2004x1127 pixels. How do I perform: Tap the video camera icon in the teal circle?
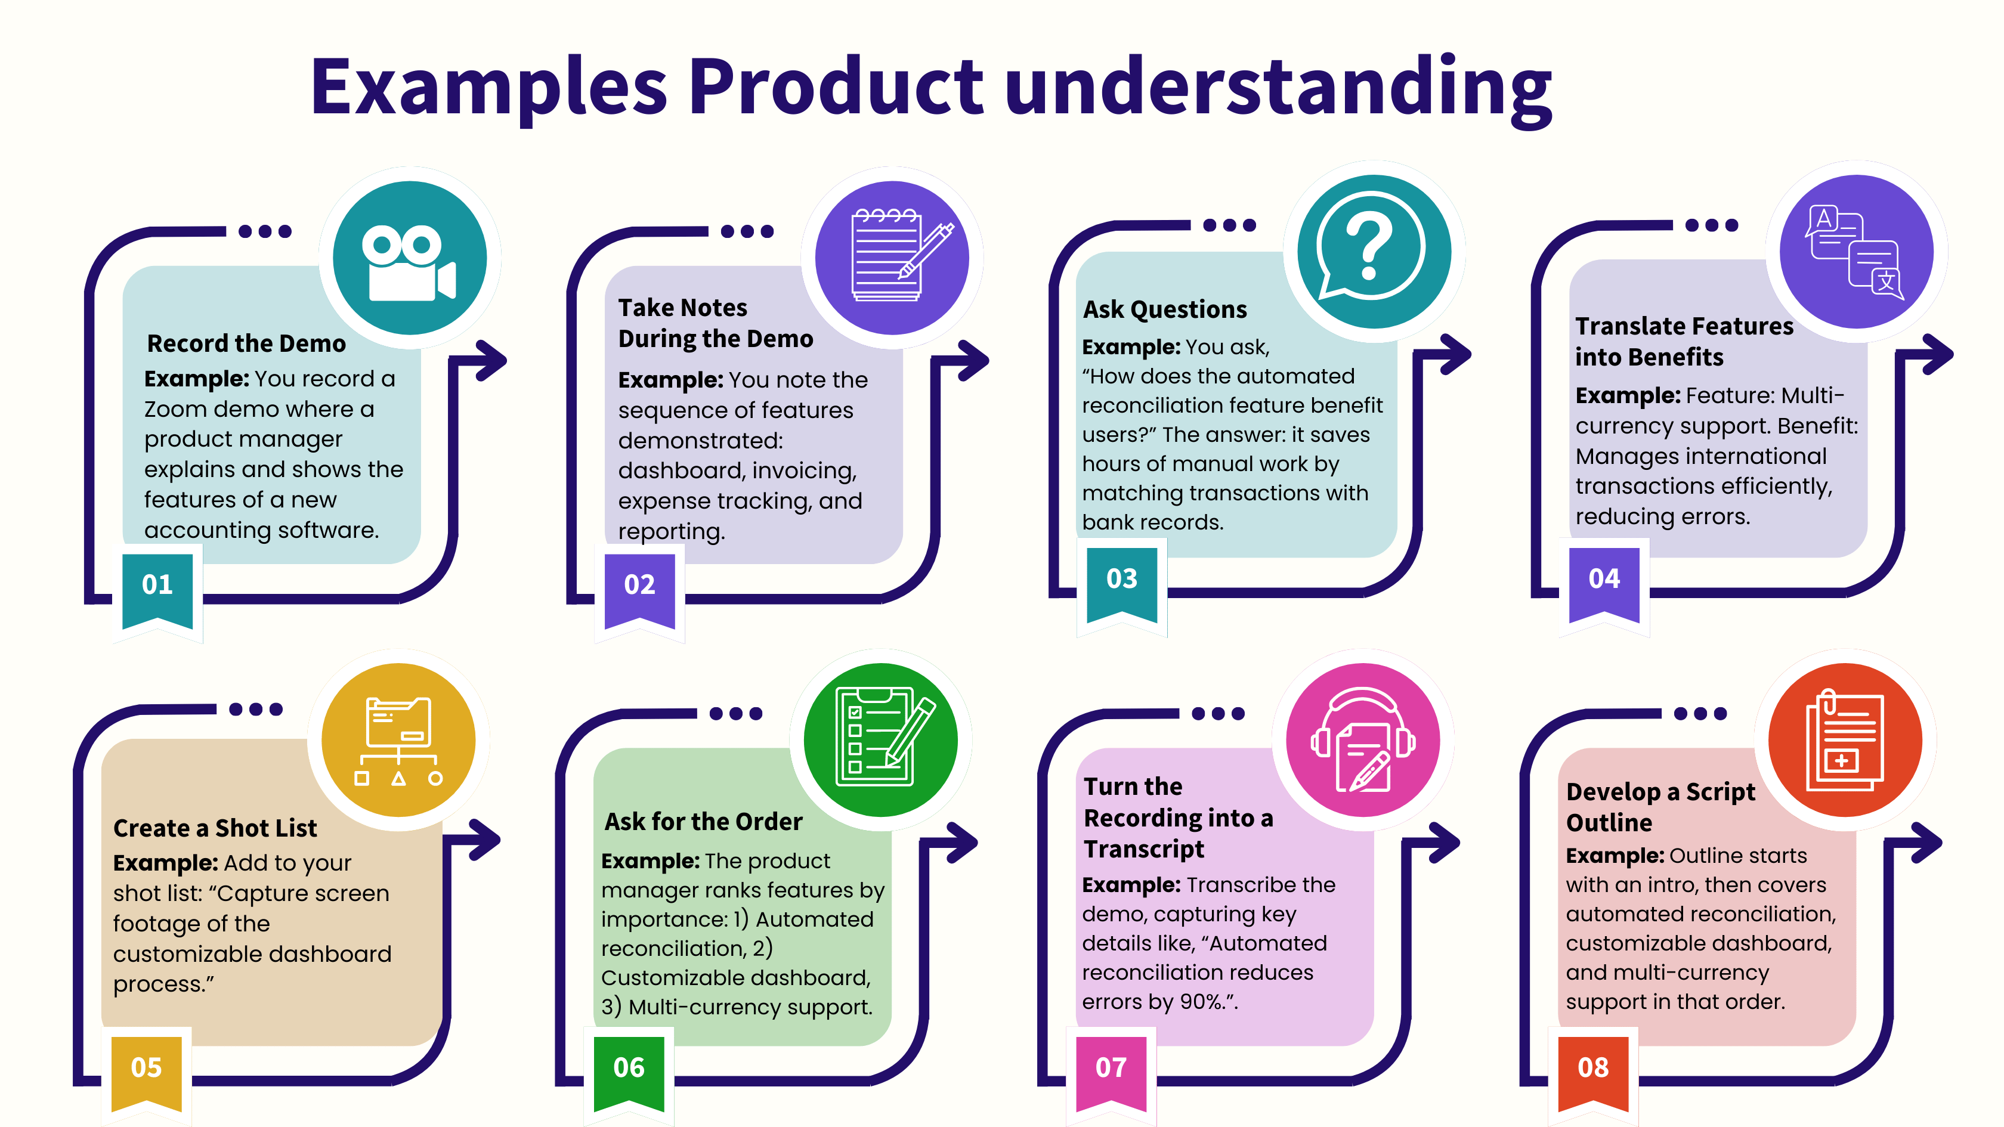pyautogui.click(x=409, y=263)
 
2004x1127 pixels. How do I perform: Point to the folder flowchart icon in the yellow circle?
pyautogui.click(x=398, y=741)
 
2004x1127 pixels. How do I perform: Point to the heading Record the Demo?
pyautogui.click(x=246, y=343)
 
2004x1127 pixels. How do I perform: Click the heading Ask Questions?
pyautogui.click(x=1165, y=309)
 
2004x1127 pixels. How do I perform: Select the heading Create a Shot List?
pyautogui.click(x=215, y=828)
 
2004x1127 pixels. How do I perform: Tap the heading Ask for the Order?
pyautogui.click(x=703, y=821)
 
